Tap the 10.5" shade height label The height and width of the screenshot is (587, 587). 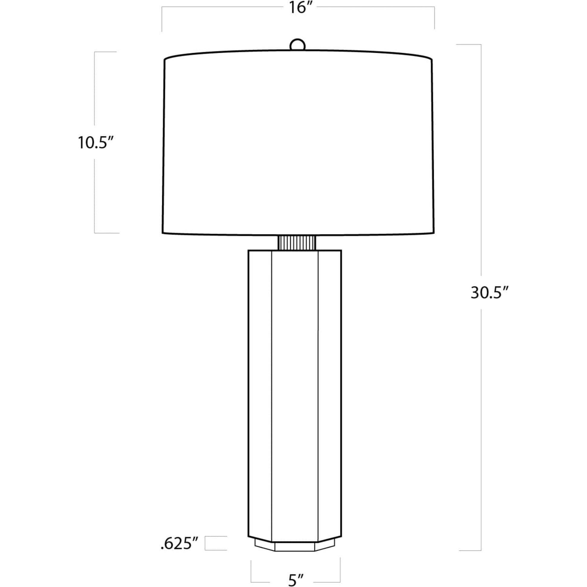[x=96, y=142]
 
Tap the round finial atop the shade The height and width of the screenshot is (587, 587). [x=297, y=44]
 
